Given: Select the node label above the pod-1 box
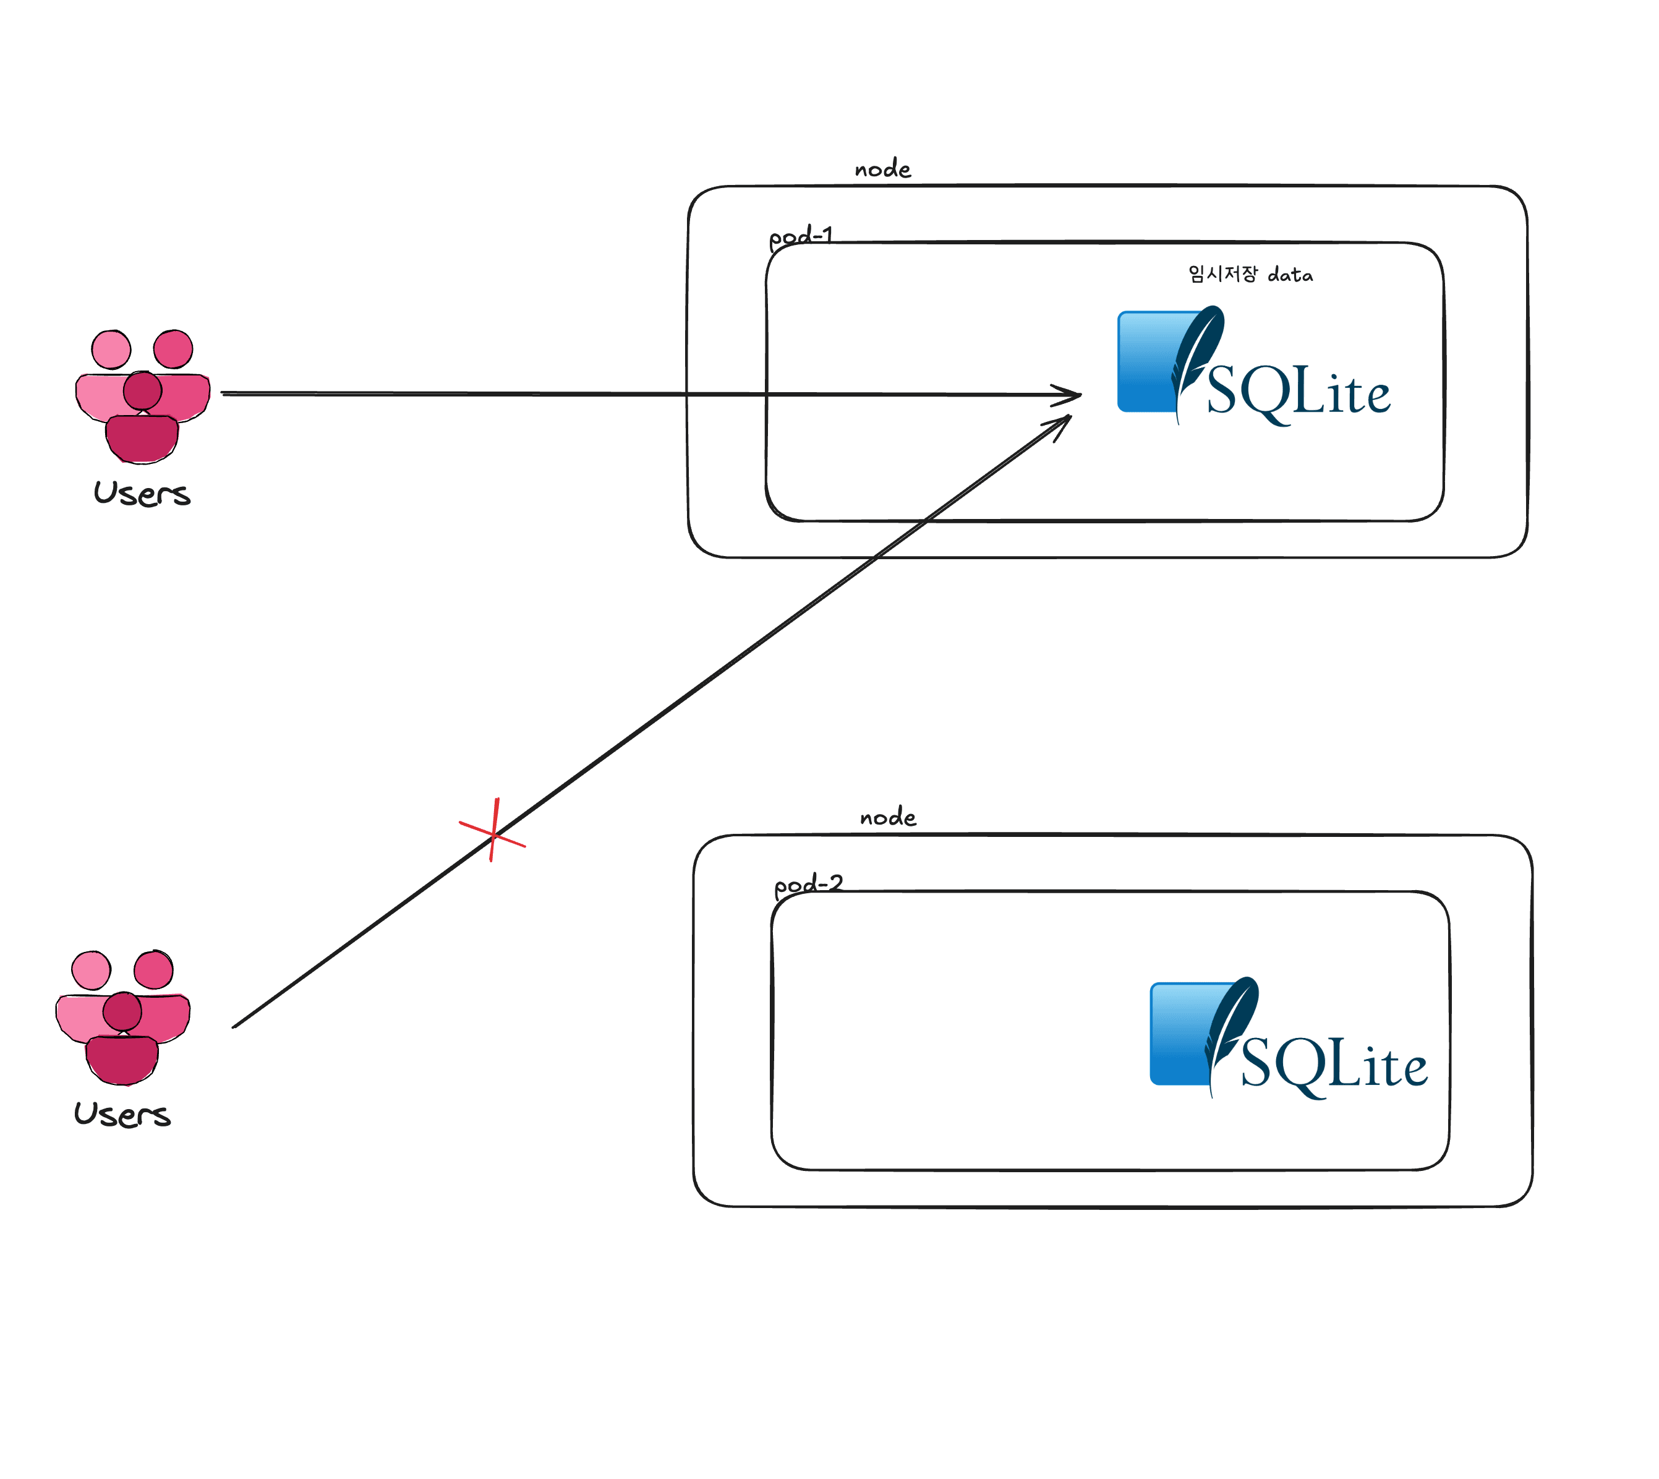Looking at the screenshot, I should coord(882,169).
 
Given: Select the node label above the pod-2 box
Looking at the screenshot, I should coord(888,817).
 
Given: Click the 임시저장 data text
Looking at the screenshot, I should coord(1250,274).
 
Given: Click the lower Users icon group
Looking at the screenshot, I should coord(122,1016).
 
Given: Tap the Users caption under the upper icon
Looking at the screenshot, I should coord(142,493).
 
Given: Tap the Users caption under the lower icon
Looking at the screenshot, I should coord(122,1114).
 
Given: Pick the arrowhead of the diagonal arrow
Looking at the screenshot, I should coord(1063,422).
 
